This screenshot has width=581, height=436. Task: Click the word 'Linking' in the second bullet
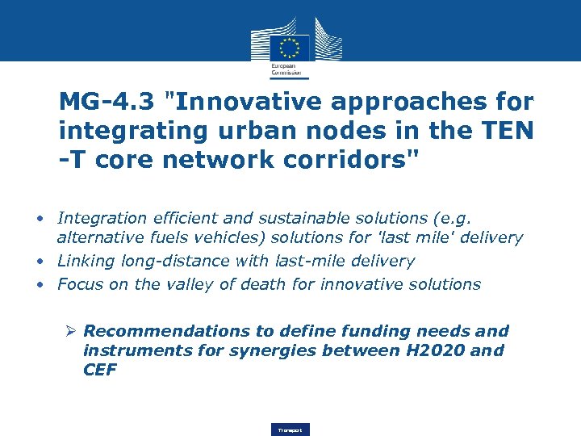pyautogui.click(x=87, y=262)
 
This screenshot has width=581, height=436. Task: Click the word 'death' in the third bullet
pyautogui.click(x=274, y=284)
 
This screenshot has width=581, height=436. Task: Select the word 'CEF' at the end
pyautogui.click(x=100, y=370)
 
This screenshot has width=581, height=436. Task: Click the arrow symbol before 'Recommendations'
pyautogui.click(x=71, y=331)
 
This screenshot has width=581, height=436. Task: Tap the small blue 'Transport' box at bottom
pyautogui.click(x=290, y=430)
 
